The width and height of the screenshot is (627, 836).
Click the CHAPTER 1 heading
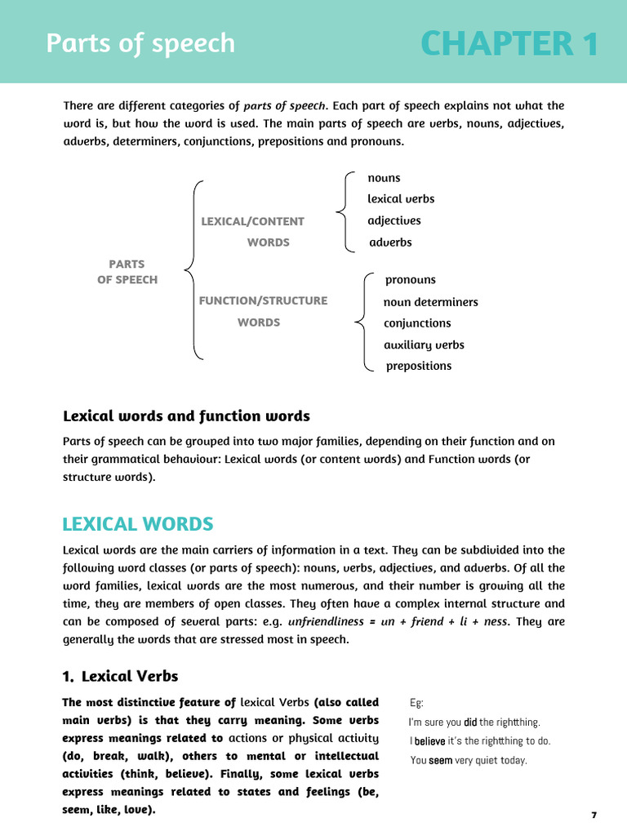click(x=509, y=44)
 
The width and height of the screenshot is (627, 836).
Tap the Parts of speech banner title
click(x=140, y=43)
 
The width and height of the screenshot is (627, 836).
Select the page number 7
click(x=594, y=816)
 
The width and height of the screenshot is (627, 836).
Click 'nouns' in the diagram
click(x=384, y=178)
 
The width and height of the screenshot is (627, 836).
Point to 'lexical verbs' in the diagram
click(x=401, y=199)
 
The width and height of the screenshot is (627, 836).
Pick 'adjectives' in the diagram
click(x=394, y=220)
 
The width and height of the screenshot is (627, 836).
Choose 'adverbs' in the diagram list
click(x=390, y=242)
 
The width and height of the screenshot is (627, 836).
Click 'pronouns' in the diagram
click(x=410, y=280)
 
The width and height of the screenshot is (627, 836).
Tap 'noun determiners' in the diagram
click(x=430, y=302)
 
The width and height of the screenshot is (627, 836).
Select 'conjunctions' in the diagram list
click(x=417, y=323)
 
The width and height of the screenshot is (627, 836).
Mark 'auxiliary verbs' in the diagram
click(x=424, y=345)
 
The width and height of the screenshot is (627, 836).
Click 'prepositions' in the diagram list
click(x=418, y=366)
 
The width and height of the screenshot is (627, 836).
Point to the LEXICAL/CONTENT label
click(x=252, y=221)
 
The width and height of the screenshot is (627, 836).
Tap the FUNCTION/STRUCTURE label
click(x=263, y=300)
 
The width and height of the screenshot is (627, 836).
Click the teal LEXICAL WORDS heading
click(x=138, y=524)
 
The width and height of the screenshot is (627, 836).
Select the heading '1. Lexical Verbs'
click(x=120, y=676)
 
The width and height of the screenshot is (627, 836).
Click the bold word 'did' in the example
click(x=470, y=722)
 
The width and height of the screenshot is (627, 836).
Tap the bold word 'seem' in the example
click(x=441, y=760)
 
